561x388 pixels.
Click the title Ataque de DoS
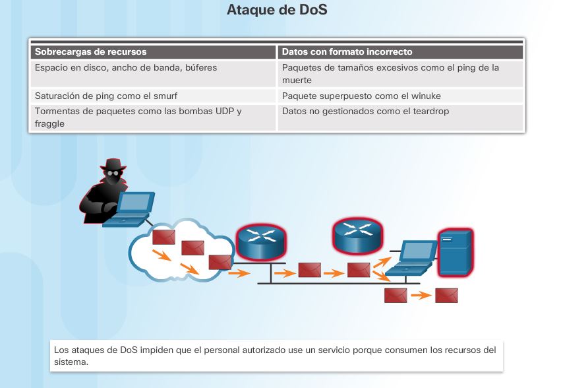pyautogui.click(x=277, y=10)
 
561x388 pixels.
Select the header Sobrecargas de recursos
pyautogui.click(x=91, y=51)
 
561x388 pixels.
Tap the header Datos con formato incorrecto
pyautogui.click(x=347, y=51)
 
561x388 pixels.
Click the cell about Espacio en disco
pyautogui.click(x=125, y=67)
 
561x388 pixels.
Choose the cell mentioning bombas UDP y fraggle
pyautogui.click(x=138, y=117)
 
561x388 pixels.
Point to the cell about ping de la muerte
pyautogui.click(x=390, y=73)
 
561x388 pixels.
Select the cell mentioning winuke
pyautogui.click(x=361, y=96)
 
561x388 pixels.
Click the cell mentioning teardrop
pyautogui.click(x=365, y=112)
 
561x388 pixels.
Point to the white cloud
pyautogui.click(x=178, y=251)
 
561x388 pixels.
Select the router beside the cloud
pyautogui.click(x=261, y=242)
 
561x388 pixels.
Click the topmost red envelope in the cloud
pyautogui.click(x=162, y=236)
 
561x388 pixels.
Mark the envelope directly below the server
pyautogui.click(x=446, y=295)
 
